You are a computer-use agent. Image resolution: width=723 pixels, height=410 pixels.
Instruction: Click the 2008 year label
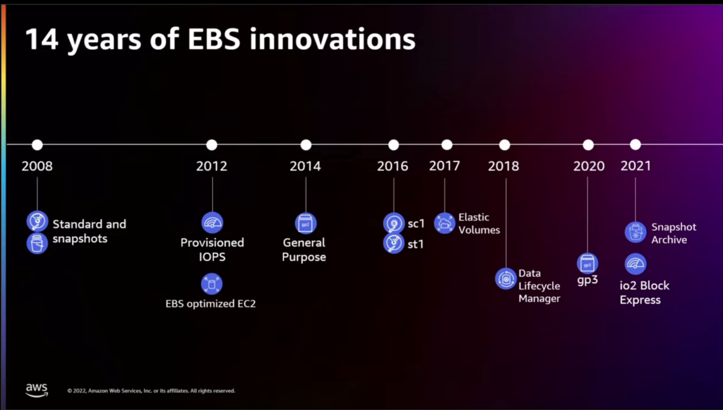point(37,166)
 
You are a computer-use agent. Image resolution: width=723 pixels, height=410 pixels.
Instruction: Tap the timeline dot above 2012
point(212,145)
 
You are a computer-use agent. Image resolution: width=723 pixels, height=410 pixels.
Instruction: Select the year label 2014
point(305,166)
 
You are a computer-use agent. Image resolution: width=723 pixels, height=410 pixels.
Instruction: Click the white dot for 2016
point(394,145)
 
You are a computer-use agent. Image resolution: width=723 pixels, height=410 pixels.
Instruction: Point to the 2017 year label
point(444,166)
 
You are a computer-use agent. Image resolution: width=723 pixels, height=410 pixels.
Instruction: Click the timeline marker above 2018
point(505,145)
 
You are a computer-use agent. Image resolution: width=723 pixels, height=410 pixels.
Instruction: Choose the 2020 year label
point(589,166)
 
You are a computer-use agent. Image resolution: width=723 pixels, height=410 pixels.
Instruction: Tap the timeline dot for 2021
point(635,145)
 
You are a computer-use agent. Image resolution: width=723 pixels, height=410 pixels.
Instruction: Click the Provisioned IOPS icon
point(212,222)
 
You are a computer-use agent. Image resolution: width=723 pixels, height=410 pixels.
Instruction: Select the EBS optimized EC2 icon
point(211,284)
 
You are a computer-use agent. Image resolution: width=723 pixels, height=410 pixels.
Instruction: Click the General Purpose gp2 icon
point(305,223)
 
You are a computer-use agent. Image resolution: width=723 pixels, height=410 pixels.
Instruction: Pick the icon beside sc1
point(394,223)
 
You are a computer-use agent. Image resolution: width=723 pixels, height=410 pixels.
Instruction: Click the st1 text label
point(416,244)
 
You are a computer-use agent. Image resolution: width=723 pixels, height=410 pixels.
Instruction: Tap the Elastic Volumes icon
point(444,223)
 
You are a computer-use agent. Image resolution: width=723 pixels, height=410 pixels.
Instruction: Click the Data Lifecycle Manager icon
point(506,279)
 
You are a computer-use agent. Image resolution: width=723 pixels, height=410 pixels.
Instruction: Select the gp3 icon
point(587,263)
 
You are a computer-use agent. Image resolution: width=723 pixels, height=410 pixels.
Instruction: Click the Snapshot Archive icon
point(635,232)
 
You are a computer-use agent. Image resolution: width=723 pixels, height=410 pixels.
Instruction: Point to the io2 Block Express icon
point(635,264)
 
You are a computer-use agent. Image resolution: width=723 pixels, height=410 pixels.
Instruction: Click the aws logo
point(37,389)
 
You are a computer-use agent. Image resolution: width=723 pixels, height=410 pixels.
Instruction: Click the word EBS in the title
point(214,39)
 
